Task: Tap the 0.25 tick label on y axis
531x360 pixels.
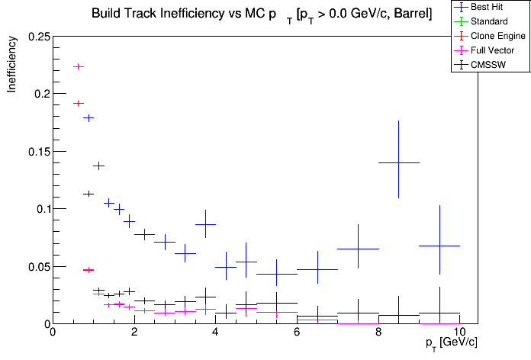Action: pyautogui.click(x=38, y=37)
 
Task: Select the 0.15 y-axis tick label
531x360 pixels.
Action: pyautogui.click(x=38, y=152)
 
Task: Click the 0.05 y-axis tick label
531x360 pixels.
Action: pyautogui.click(x=38, y=267)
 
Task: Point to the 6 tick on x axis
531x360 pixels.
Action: pyautogui.click(x=297, y=333)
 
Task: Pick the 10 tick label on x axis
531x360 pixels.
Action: pyautogui.click(x=459, y=333)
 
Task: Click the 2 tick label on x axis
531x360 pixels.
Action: pyautogui.click(x=134, y=333)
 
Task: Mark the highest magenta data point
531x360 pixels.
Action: pyautogui.click(x=78, y=66)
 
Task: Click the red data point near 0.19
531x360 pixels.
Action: pyautogui.click(x=78, y=103)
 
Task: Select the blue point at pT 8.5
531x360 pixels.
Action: pyautogui.click(x=399, y=162)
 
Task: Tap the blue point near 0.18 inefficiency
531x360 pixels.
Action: pyautogui.click(x=88, y=117)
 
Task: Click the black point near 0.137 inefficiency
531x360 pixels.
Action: pyautogui.click(x=98, y=166)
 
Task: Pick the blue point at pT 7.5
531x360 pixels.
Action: pyautogui.click(x=358, y=249)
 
